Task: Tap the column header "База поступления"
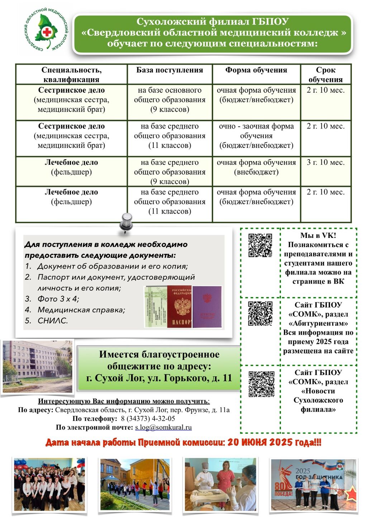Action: (x=170, y=70)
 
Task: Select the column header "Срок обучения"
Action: (x=325, y=75)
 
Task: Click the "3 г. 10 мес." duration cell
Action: (x=325, y=163)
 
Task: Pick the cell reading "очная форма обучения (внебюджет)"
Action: (x=256, y=167)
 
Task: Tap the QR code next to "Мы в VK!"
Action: (x=261, y=245)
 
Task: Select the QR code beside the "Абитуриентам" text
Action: (x=261, y=313)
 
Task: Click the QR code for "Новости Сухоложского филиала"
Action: (x=262, y=384)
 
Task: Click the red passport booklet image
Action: (x=179, y=306)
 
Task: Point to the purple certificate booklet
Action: (x=207, y=306)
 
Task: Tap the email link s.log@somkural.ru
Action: (x=163, y=427)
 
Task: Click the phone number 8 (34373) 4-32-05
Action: (x=148, y=419)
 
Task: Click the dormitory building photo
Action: (x=38, y=366)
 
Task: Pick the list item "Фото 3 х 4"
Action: (x=58, y=299)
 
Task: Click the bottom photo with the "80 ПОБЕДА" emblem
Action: (x=314, y=484)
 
